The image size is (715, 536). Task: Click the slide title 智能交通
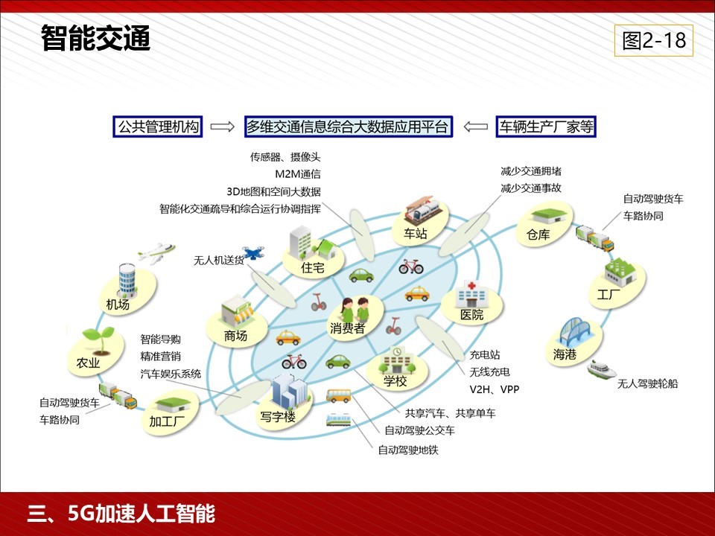tap(96, 38)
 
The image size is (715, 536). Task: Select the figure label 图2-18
tap(654, 40)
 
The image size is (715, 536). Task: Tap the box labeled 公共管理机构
tap(158, 127)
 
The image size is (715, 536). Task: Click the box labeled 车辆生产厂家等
tap(546, 127)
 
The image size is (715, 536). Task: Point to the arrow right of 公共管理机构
tap(223, 127)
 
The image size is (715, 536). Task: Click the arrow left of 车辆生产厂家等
tap(476, 127)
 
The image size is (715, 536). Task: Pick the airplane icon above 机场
tap(156, 253)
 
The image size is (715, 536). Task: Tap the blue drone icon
tap(253, 252)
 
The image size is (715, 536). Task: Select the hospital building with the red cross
tap(471, 294)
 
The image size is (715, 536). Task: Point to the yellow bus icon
tap(338, 395)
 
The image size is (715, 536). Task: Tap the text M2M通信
tap(298, 174)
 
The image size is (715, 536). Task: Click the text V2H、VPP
tap(495, 389)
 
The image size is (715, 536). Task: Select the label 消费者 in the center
tap(348, 328)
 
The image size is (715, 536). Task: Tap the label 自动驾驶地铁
tap(408, 450)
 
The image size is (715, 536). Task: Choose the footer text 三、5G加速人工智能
tap(121, 514)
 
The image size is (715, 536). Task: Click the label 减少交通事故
tap(531, 188)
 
